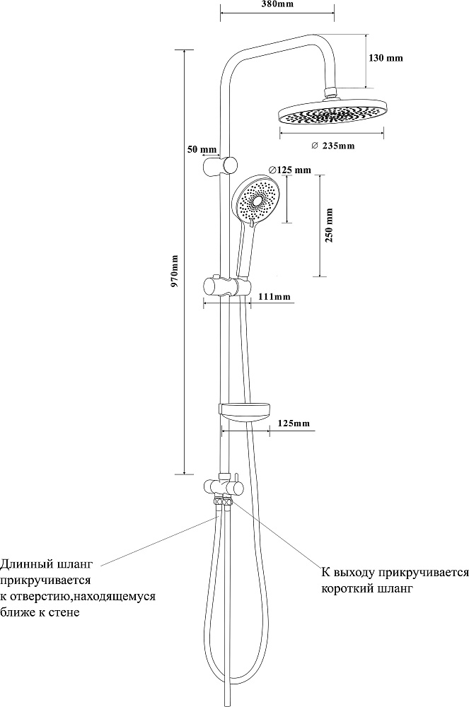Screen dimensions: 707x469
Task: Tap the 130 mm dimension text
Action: coord(386,58)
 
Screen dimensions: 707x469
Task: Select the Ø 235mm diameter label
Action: coord(332,146)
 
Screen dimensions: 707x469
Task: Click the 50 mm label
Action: coord(202,150)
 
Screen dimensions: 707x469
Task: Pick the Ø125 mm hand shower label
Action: coord(290,170)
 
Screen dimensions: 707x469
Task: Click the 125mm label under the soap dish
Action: coord(294,423)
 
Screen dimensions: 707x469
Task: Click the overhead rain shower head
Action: coord(332,114)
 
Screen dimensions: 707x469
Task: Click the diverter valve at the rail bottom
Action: coord(224,486)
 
